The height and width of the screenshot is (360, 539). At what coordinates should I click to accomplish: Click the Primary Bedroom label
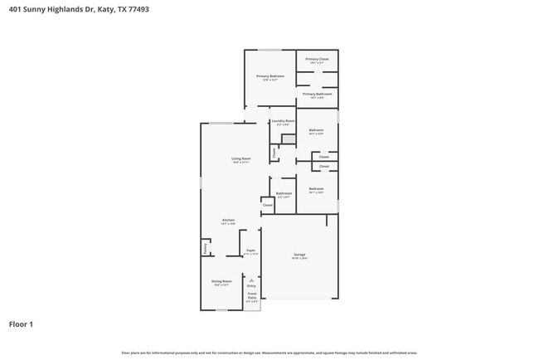tap(269, 76)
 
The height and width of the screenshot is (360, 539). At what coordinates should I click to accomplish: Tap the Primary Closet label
tap(317, 59)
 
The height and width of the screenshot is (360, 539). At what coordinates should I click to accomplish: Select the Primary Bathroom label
tap(317, 94)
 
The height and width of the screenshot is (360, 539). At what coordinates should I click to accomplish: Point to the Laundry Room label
tap(283, 121)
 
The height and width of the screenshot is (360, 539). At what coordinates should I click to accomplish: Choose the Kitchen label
tap(228, 220)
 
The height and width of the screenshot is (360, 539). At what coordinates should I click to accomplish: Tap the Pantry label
tap(205, 247)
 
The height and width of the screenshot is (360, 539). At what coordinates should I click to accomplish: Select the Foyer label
tap(250, 250)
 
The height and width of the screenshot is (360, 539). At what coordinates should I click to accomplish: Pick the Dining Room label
tap(221, 281)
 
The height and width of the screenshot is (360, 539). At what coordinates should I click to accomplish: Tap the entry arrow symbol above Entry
tap(251, 280)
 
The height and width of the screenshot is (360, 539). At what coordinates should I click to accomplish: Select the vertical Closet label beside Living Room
tap(274, 153)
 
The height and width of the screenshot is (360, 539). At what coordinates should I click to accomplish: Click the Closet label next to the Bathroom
tap(267, 204)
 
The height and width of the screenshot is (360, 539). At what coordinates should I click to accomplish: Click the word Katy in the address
tap(104, 10)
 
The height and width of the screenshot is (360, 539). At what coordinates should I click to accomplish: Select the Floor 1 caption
tap(21, 324)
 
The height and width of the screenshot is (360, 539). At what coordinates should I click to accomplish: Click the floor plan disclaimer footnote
tap(269, 353)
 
